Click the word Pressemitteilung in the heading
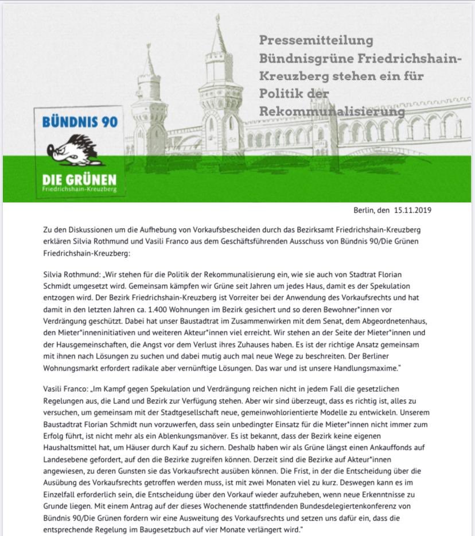(x=316, y=40)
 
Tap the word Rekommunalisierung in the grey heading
(x=332, y=110)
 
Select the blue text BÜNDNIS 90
(x=79, y=122)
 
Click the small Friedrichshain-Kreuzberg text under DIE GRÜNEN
(x=79, y=189)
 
